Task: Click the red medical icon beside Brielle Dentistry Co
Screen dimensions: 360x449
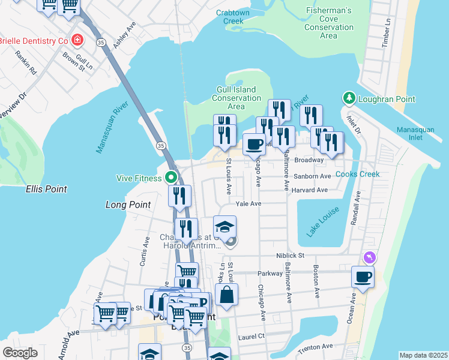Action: [77, 40]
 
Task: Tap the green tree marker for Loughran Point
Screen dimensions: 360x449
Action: [349, 98]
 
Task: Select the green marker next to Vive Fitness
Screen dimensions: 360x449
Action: [170, 178]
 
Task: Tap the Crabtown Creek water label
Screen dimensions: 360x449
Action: [224, 16]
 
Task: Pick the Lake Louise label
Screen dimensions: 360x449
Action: [323, 221]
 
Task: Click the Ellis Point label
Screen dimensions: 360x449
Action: [46, 189]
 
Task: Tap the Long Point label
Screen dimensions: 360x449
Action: [127, 205]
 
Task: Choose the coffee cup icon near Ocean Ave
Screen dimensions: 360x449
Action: [363, 277]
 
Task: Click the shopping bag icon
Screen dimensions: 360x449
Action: [226, 295]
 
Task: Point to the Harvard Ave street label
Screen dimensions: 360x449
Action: [310, 190]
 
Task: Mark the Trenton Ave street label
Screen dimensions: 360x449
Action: [315, 347]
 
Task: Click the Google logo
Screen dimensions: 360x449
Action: [20, 353]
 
